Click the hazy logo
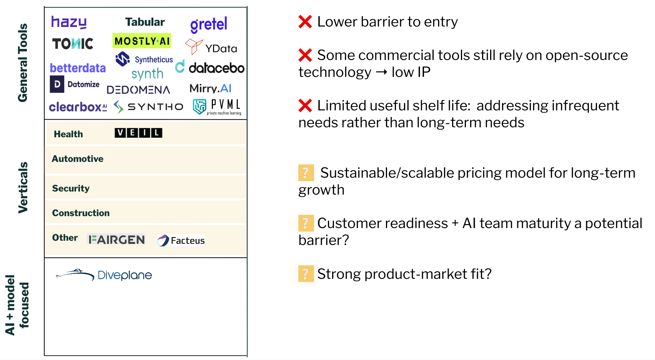69,22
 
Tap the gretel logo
208,25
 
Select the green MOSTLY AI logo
142,41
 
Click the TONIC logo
73,44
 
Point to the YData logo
211,47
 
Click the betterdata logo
78,68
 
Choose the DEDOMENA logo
138,90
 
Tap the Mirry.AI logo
211,88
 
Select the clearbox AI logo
78,107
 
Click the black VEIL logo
138,133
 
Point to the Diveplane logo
104,275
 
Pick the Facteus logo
180,241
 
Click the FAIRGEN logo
116,239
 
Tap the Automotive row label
78,158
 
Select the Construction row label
81,213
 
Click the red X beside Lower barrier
305,22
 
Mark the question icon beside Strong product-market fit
306,274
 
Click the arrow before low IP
381,72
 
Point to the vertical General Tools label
23,63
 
